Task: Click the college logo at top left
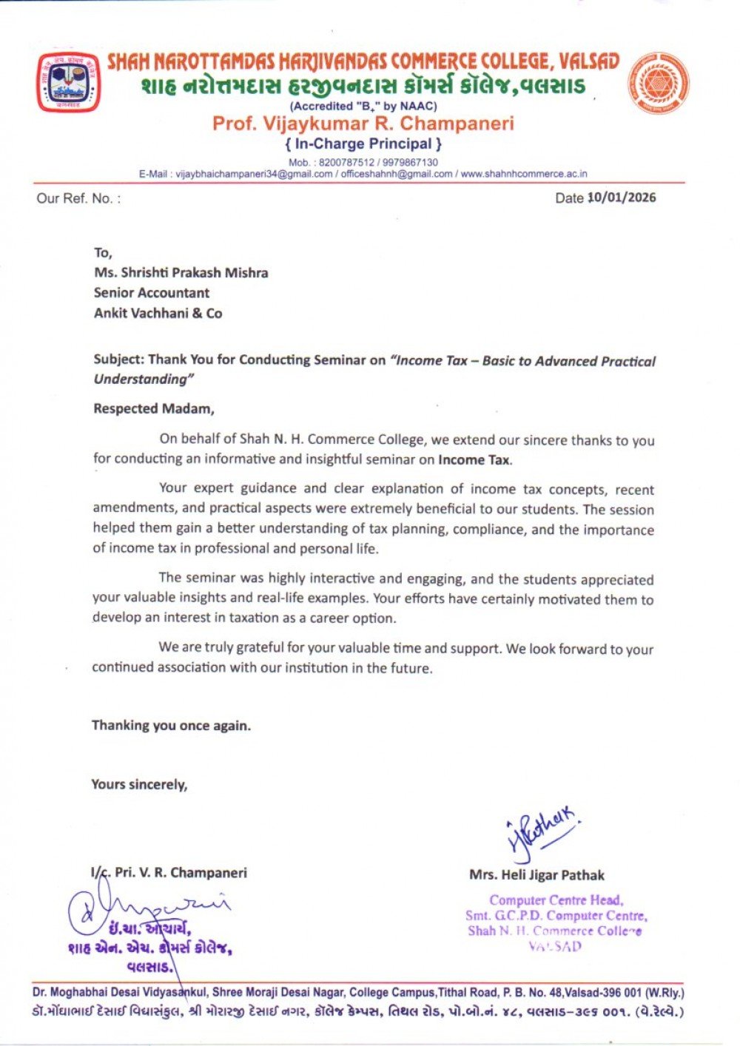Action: point(68,82)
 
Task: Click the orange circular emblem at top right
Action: point(659,83)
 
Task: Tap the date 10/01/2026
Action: point(622,198)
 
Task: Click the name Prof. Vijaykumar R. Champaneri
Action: point(363,123)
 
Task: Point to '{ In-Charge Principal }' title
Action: point(363,144)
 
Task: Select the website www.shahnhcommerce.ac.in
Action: point(524,174)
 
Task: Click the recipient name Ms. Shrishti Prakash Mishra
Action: point(181,272)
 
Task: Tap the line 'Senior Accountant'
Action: point(152,293)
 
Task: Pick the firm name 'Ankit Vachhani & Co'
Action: point(158,313)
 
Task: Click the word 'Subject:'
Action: point(118,360)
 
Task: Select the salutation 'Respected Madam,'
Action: point(153,408)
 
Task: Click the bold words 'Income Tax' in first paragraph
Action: point(474,459)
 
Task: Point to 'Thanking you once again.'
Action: point(171,726)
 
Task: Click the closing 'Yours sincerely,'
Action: point(139,784)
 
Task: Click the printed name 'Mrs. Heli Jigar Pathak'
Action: point(536,875)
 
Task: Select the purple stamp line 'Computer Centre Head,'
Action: point(556,900)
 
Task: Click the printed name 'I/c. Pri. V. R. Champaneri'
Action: point(169,873)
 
